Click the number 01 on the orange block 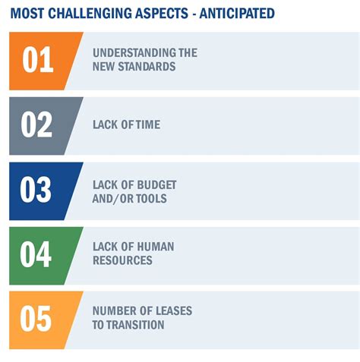[38, 60]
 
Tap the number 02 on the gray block [36, 124]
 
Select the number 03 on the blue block [36, 190]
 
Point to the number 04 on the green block [36, 254]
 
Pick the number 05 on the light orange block [36, 319]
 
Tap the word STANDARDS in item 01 [147, 67]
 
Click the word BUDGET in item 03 [156, 185]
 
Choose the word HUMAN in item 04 [156, 247]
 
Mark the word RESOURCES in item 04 [122, 260]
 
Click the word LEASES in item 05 [173, 311]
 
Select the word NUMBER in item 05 [110, 311]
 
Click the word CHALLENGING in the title [90, 14]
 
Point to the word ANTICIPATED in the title [237, 14]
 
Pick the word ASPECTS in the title [162, 14]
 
